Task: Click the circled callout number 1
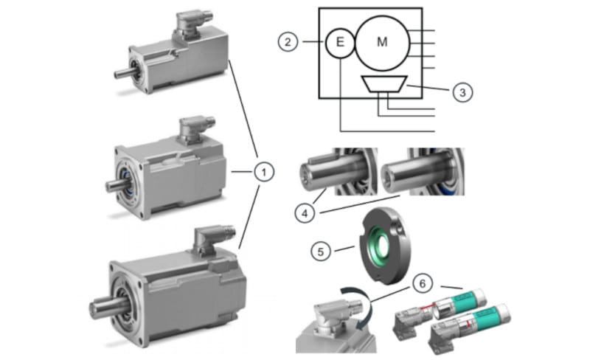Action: (263, 172)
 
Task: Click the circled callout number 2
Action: (288, 41)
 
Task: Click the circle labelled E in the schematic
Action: (339, 42)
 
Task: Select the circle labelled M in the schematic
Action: (381, 42)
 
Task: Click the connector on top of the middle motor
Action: (195, 126)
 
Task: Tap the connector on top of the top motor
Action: (190, 21)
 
